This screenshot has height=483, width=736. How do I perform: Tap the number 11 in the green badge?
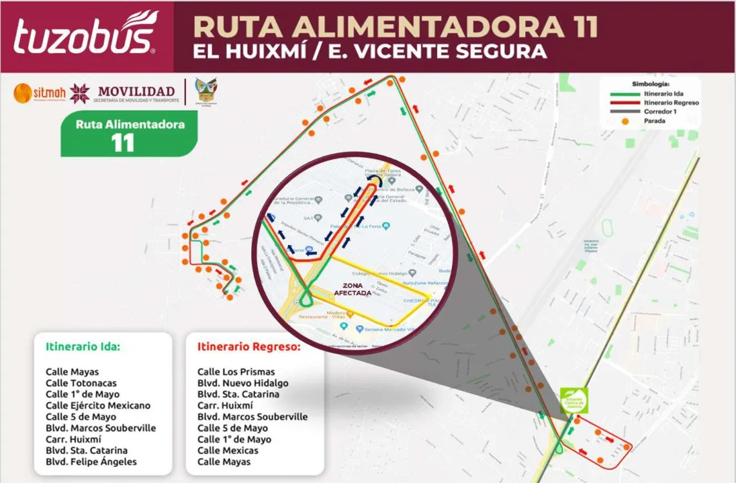coord(123,143)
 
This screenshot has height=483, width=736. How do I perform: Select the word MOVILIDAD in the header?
coord(134,92)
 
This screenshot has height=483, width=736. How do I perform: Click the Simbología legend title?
coord(651,84)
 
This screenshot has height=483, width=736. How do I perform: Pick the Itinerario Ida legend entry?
coord(662,94)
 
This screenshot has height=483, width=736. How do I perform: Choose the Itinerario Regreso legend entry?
coord(671,103)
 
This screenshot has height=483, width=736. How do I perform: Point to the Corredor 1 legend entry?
coord(661,112)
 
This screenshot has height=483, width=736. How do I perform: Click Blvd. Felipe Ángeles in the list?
coord(91,462)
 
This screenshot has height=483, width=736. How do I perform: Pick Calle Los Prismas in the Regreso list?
coord(236,371)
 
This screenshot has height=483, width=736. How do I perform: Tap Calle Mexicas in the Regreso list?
coord(227,450)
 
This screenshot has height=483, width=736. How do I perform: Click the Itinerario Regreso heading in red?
coord(249,346)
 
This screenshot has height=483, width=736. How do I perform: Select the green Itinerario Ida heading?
coord(83,346)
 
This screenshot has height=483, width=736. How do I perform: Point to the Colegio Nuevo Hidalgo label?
coord(374,273)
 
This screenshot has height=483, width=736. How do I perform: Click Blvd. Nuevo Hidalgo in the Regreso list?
coord(243,383)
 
